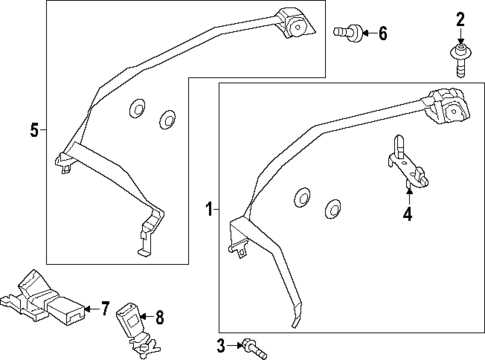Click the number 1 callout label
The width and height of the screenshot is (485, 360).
click(x=209, y=210)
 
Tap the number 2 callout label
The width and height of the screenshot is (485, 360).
click(x=461, y=18)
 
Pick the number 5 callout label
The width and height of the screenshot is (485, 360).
click(x=33, y=130)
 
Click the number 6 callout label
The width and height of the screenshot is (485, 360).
click(x=381, y=34)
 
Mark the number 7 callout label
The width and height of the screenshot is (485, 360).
click(x=103, y=308)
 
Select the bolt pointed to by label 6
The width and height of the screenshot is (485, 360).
click(x=346, y=33)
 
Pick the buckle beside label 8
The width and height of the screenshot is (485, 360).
click(x=132, y=322)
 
